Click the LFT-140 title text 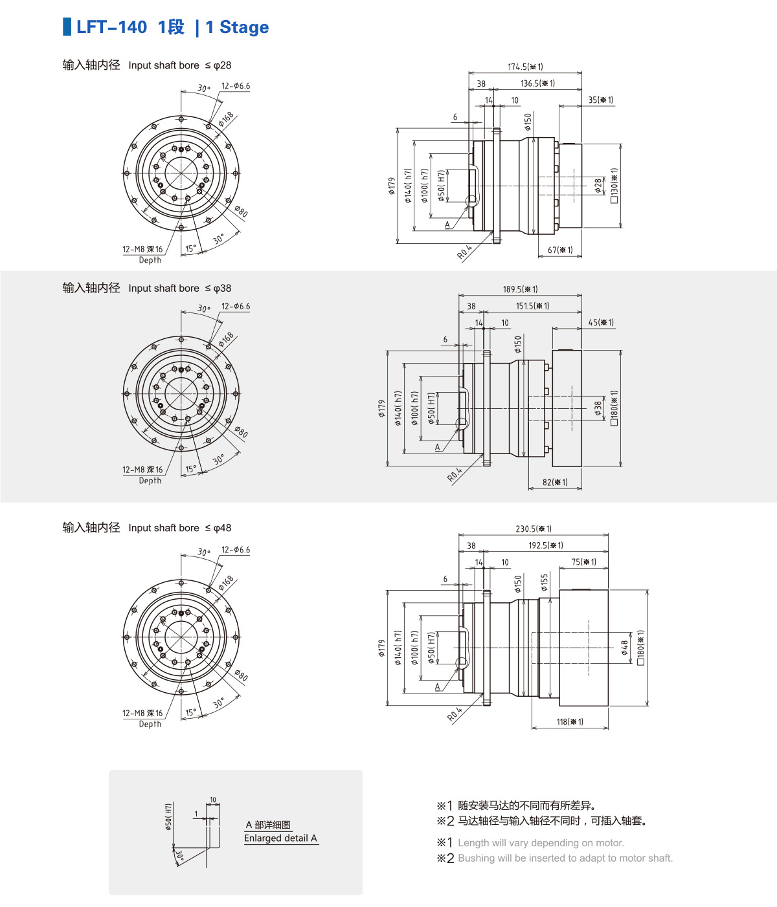[x=111, y=27]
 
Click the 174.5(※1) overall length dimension [x=525, y=67]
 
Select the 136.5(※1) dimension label [x=537, y=83]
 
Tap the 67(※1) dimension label [x=560, y=250]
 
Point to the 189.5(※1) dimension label [x=521, y=289]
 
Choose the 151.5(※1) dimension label [x=533, y=306]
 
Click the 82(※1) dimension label [x=555, y=482]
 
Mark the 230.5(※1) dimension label [x=534, y=529]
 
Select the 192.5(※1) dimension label [x=546, y=545]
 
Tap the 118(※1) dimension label [x=570, y=722]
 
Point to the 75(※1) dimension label [x=584, y=562]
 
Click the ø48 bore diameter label [x=625, y=648]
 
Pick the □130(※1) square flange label [x=614, y=186]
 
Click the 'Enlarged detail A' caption [x=280, y=838]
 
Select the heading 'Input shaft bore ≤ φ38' [x=179, y=289]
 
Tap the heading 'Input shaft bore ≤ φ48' [x=179, y=528]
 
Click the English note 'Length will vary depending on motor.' [x=541, y=843]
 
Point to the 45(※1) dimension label [x=602, y=323]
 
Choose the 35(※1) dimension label [x=601, y=100]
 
